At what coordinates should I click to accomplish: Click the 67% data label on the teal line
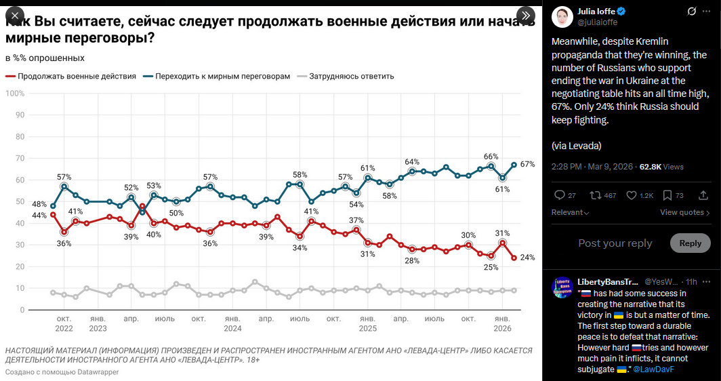(x=528, y=164)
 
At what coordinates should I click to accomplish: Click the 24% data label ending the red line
(x=528, y=258)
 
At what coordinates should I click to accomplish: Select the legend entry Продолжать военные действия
(x=76, y=77)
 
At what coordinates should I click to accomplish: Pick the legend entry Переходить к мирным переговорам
(x=222, y=77)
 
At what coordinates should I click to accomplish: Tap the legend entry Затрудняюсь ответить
(x=351, y=77)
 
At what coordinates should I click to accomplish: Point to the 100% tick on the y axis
(x=16, y=93)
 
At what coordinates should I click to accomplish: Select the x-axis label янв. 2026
(x=502, y=323)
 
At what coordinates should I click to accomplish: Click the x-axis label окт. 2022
(x=64, y=323)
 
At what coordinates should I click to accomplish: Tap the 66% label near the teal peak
(x=491, y=157)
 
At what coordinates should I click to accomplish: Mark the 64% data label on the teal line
(x=412, y=162)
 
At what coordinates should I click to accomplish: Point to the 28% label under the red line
(x=412, y=260)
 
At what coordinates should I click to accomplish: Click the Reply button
(x=690, y=243)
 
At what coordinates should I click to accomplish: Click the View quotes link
(x=684, y=212)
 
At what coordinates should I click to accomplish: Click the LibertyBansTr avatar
(x=563, y=287)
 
